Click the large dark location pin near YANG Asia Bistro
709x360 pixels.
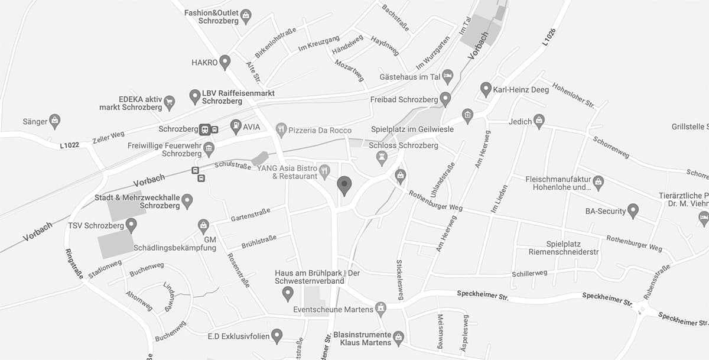(344, 186)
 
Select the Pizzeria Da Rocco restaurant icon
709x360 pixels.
(281, 130)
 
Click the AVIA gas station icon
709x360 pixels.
(236, 126)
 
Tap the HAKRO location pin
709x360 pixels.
(225, 61)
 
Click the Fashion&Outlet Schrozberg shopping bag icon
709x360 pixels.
(246, 16)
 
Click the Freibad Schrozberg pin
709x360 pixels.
(445, 98)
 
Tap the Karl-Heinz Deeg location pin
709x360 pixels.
(486, 89)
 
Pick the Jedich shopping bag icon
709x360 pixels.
(538, 122)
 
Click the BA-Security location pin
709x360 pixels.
(633, 210)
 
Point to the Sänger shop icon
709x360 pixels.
(55, 121)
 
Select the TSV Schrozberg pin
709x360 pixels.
(131, 225)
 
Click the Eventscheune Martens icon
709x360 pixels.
(381, 309)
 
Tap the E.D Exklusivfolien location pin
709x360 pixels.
(277, 336)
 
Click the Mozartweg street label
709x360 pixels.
(350, 74)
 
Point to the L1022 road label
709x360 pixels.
(70, 144)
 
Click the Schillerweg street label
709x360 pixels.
(529, 273)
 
